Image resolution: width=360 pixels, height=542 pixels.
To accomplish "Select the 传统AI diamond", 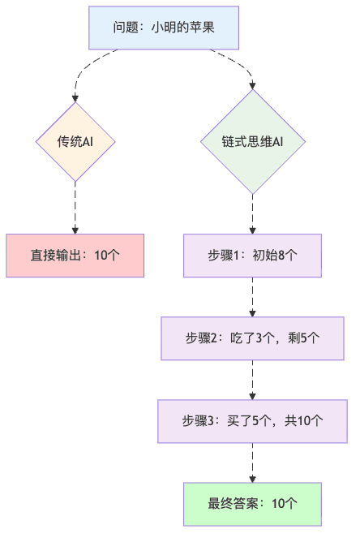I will pos(75,142).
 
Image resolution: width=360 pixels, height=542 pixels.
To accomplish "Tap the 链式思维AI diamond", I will pos(253,142).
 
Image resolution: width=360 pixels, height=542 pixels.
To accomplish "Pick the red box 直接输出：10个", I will pos(75,255).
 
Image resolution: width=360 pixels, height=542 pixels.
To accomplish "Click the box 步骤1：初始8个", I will pos(253,255).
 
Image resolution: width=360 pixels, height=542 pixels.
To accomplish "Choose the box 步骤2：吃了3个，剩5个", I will pos(253,338).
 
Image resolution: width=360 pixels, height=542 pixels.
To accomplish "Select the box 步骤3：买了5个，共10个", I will pos(253,421).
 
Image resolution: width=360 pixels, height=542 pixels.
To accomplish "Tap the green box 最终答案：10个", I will pos(253,504).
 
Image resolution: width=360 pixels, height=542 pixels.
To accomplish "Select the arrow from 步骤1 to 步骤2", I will pos(253,297).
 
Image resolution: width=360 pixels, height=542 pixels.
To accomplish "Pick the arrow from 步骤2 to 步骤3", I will pos(253,380).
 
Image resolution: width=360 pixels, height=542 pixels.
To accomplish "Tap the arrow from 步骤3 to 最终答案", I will pos(253,463).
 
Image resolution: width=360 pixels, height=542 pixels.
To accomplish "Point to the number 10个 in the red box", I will pos(107,255).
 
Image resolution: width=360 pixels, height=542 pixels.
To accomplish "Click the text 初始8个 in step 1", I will pos(275,255).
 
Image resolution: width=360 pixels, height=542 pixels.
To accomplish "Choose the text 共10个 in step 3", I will pos(304,421).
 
